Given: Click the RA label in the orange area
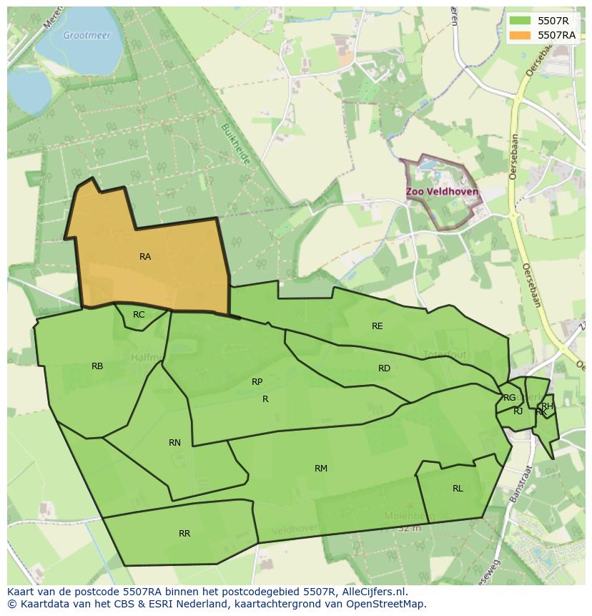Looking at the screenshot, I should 145,257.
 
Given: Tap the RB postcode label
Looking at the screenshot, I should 97,366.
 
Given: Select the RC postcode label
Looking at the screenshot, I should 139,315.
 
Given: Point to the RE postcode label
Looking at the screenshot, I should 378,326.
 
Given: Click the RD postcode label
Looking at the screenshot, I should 384,368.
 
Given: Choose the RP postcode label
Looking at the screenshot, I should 257,382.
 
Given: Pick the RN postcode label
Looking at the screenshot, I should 174,443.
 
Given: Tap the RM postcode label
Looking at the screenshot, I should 321,469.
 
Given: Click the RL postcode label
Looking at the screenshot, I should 458,489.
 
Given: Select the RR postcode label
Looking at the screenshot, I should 184,534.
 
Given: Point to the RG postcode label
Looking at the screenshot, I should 509,398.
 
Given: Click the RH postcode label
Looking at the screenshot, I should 547,406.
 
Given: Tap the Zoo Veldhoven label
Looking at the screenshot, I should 442,192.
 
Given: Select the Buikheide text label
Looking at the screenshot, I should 236,144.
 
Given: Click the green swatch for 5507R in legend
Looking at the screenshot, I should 521,21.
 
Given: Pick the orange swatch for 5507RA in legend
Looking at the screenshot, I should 521,34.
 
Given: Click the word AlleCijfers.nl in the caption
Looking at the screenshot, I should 373,592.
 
